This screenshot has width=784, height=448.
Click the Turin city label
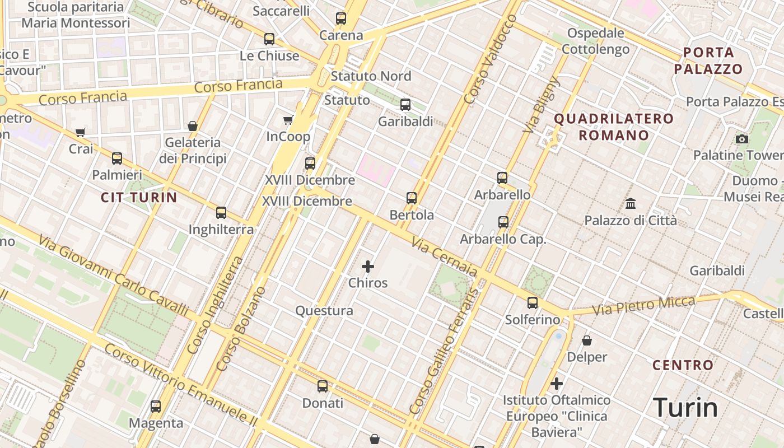[685, 408]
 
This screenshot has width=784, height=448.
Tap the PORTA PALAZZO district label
[708, 61]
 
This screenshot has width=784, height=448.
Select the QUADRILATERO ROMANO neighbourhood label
[614, 127]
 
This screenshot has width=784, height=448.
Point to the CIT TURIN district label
[139, 197]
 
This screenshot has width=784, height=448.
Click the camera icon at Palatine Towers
[742, 139]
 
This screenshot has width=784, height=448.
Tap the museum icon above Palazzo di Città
[631, 203]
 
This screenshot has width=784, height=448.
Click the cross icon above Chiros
[368, 267]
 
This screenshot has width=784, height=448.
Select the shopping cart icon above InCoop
[288, 120]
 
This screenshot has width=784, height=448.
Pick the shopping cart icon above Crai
[81, 133]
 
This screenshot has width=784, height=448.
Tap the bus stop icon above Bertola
[412, 198]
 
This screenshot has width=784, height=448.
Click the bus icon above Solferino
[533, 303]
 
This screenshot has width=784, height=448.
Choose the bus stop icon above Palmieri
[117, 158]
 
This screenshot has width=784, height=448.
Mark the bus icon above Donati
[323, 386]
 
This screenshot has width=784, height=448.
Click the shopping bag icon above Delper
[587, 340]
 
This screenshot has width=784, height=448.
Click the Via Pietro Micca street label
[643, 305]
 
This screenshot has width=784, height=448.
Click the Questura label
[324, 311]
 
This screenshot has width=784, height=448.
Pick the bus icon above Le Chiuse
[269, 39]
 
